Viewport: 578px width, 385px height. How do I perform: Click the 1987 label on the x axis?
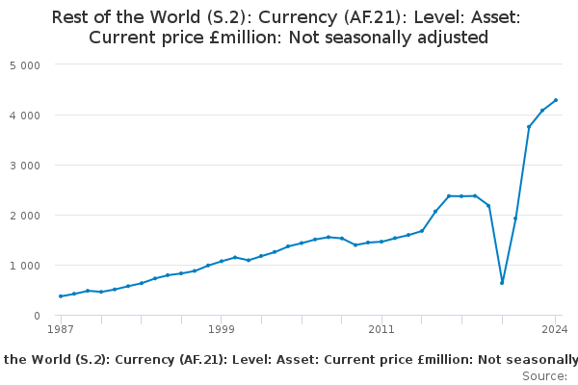[x=61, y=329]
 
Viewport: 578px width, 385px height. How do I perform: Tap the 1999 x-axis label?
[x=221, y=329]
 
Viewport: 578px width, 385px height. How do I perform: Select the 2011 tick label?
[x=381, y=329]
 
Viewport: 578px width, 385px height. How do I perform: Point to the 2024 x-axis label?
[x=555, y=329]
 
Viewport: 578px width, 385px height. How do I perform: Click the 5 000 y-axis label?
[x=24, y=64]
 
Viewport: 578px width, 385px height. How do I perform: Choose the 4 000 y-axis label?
[x=24, y=115]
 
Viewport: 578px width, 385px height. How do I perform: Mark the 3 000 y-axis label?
[x=24, y=165]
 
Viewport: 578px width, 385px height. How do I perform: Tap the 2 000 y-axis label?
[x=24, y=215]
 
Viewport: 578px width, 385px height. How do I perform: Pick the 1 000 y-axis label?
[x=24, y=265]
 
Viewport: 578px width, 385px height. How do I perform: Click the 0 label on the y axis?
[x=37, y=315]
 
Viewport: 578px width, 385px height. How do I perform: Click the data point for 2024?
[x=556, y=100]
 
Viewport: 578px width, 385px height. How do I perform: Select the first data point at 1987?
[x=61, y=296]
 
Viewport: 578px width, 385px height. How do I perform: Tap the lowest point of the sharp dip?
[x=502, y=283]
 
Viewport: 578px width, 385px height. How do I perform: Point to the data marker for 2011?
[x=381, y=242]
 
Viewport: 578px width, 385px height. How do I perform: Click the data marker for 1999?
[x=221, y=262]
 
